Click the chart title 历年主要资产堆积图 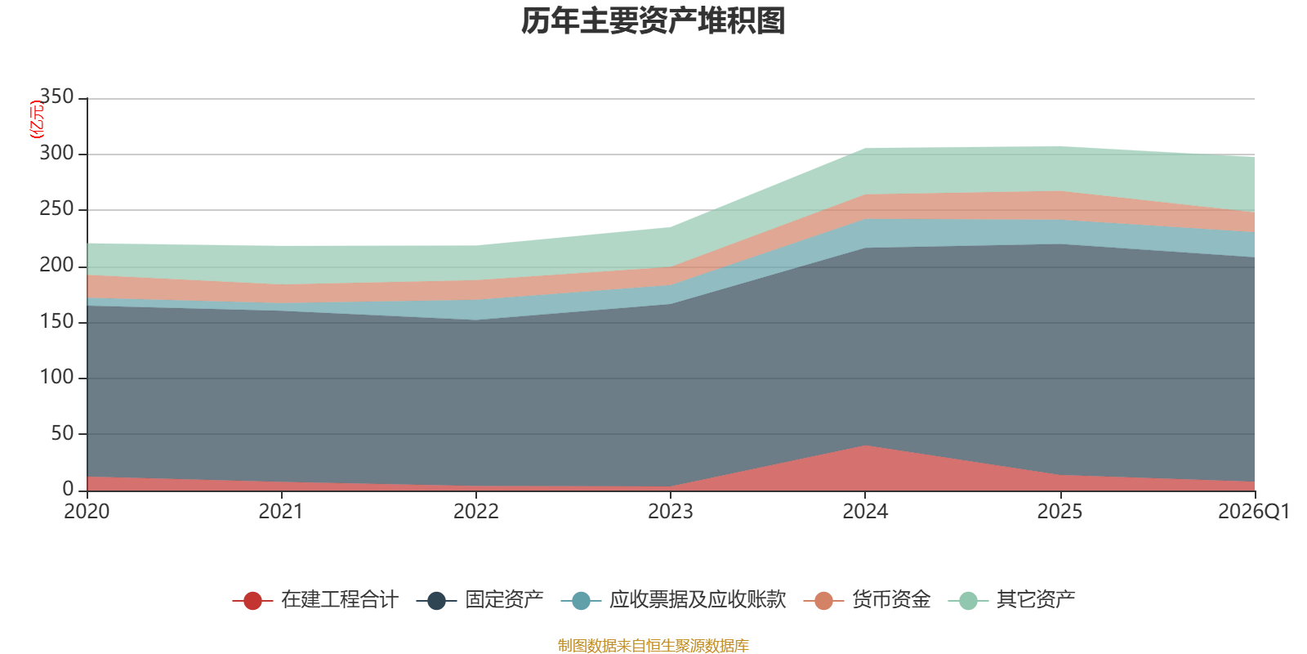click(653, 21)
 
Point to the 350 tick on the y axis click(56, 97)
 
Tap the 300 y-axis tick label click(56, 154)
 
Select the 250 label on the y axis click(56, 209)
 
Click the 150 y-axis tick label click(56, 321)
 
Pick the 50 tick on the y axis click(62, 433)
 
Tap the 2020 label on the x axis click(87, 512)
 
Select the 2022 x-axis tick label click(476, 512)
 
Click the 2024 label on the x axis click(865, 512)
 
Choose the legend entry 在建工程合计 click(339, 600)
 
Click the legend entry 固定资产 click(504, 600)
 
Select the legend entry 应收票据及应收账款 click(697, 600)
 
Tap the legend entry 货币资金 click(890, 600)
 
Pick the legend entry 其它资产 click(1035, 600)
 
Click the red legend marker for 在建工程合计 click(252, 601)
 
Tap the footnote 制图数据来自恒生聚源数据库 click(653, 646)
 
